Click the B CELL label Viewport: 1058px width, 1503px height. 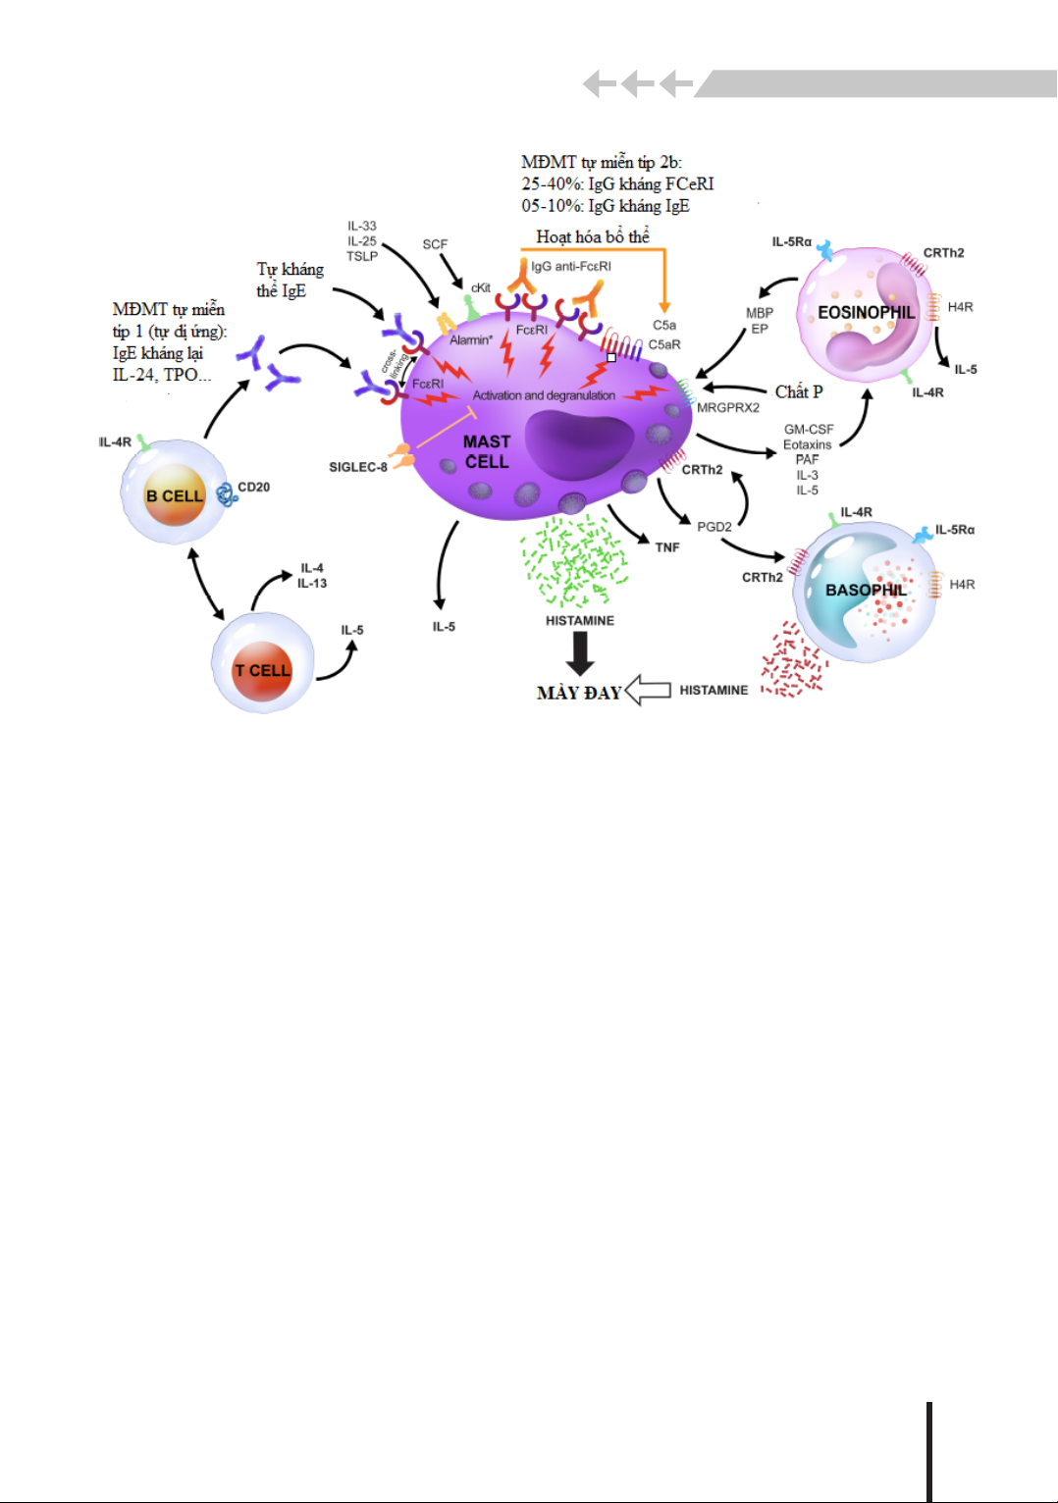(175, 496)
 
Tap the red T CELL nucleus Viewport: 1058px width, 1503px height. (262, 671)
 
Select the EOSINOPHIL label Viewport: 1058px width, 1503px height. (866, 313)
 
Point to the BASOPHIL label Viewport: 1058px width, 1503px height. (866, 591)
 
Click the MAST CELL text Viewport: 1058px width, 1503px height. (487, 452)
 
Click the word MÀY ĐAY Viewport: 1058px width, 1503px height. (579, 694)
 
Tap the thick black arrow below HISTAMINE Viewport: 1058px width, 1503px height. (580, 653)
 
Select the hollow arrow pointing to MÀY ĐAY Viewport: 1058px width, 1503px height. (648, 690)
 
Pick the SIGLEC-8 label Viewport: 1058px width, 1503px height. (358, 468)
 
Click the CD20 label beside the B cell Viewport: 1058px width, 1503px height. (253, 488)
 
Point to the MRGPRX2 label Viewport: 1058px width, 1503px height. (728, 408)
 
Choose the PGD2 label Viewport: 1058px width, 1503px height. (714, 527)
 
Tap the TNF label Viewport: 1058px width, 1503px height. (667, 547)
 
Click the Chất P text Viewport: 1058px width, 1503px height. (799, 392)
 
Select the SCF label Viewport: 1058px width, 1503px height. (435, 244)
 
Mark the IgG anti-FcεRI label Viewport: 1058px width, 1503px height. (571, 267)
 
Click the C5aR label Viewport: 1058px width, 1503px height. (664, 345)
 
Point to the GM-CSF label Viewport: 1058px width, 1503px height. (809, 430)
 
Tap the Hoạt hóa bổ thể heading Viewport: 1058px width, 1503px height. (593, 237)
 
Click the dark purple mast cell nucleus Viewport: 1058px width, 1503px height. (579, 444)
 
